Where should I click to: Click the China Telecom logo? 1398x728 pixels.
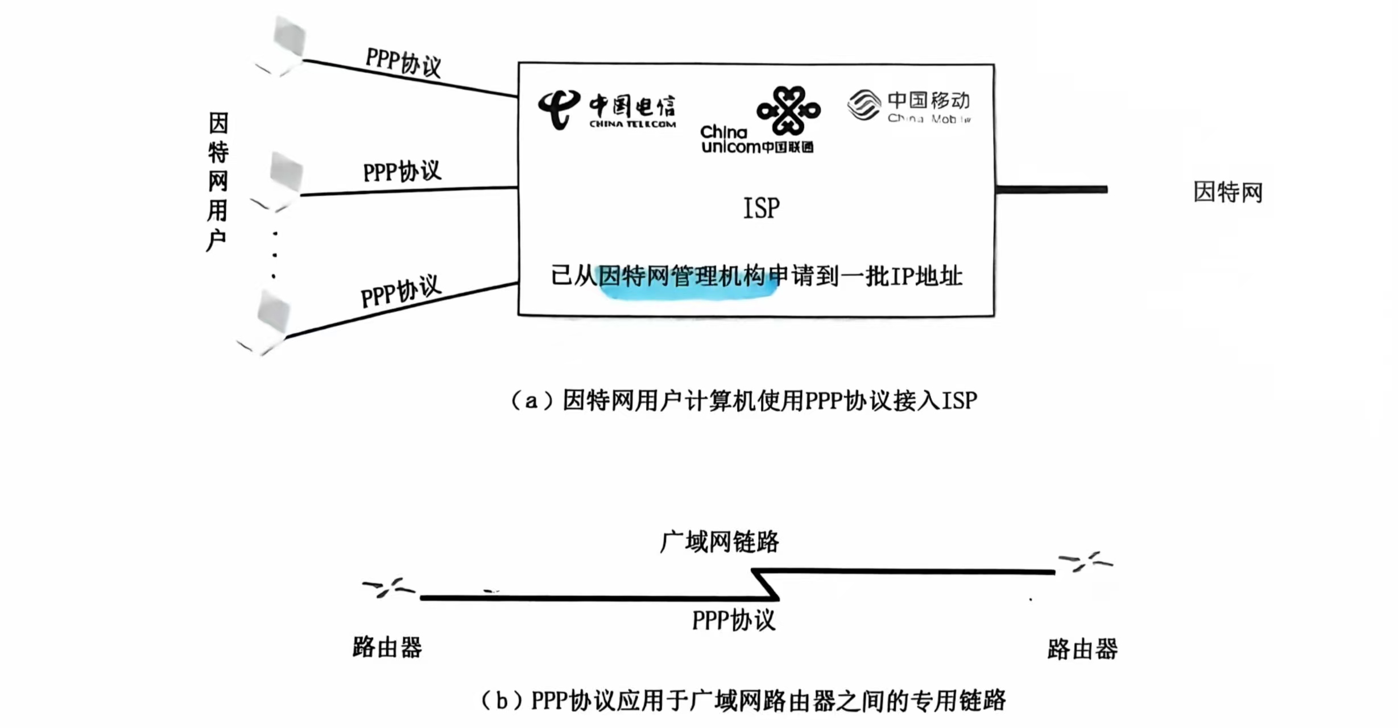tap(606, 109)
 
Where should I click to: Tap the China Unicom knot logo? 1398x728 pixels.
tap(788, 110)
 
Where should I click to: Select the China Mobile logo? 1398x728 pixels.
tap(909, 106)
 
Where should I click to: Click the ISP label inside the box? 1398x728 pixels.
tap(762, 208)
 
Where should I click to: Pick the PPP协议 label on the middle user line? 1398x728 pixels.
tap(402, 171)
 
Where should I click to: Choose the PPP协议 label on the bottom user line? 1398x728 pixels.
tap(401, 291)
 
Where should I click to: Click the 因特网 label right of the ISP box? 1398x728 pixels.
tap(1227, 192)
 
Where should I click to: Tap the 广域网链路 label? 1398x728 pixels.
tap(719, 541)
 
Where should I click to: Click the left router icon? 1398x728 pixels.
tap(389, 588)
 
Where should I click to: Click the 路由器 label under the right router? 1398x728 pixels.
tap(1082, 649)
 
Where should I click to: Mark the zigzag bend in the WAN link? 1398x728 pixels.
tap(766, 584)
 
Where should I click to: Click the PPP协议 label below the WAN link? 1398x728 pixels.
tap(734, 620)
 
